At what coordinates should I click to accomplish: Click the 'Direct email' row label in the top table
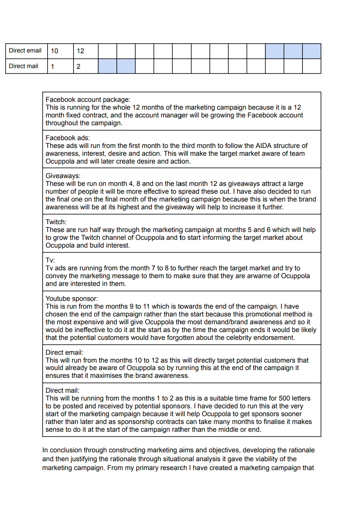tap(25, 51)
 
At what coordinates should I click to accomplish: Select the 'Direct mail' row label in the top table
tap(23, 66)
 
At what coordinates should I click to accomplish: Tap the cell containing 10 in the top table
tap(55, 51)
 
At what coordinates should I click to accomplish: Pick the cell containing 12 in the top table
tap(81, 51)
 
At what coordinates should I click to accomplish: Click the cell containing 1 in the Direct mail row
tap(53, 67)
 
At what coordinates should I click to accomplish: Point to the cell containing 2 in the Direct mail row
tap(78, 67)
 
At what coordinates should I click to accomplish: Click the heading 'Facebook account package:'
tap(88, 100)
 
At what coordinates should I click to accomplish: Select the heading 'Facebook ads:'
tap(68, 138)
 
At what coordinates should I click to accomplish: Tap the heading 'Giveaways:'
tap(63, 176)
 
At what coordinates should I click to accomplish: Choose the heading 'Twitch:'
tap(56, 222)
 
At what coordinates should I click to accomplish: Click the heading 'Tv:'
tap(50, 260)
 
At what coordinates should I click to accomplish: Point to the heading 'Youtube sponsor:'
tap(72, 299)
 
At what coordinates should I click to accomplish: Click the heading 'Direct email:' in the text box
tap(64, 353)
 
